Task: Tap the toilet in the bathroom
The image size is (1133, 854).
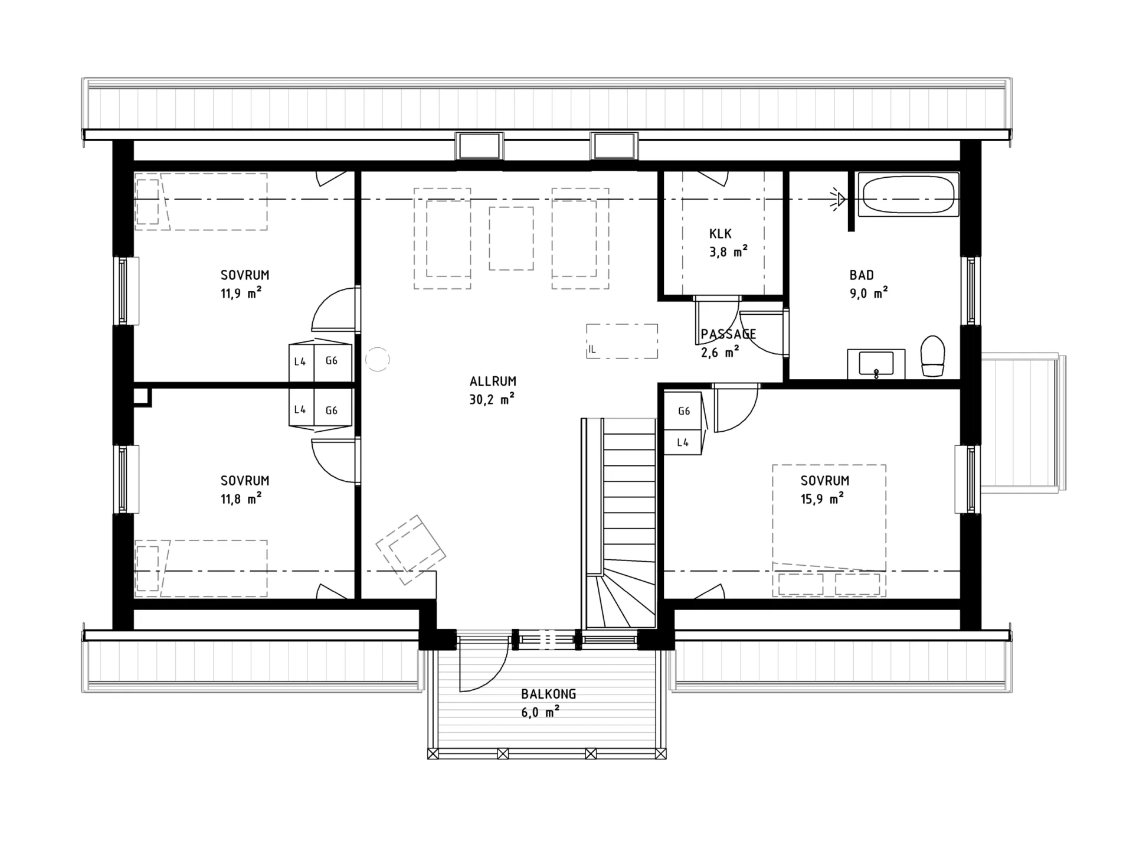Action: click(933, 356)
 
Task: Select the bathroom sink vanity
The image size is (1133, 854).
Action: click(876, 364)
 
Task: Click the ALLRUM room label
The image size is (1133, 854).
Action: click(493, 382)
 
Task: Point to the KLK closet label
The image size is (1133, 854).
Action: click(720, 234)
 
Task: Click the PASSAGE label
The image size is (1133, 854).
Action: click(728, 334)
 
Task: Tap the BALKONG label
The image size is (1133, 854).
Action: click(548, 694)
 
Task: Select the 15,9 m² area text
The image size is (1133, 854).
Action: click(822, 499)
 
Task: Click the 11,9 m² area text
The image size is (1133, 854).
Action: click(241, 293)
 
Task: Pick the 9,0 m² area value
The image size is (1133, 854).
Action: click(869, 293)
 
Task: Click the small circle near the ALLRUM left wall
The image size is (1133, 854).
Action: click(378, 359)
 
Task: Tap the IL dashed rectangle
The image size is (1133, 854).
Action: click(622, 341)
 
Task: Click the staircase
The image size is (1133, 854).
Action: click(619, 523)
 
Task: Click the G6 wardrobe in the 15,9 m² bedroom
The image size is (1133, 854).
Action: click(684, 411)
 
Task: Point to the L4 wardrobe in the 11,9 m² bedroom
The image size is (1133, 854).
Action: click(300, 361)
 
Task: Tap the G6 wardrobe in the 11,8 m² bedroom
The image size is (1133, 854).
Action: click(332, 410)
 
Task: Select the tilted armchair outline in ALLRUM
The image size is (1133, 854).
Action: click(411, 550)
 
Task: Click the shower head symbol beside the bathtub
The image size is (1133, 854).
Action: click(839, 199)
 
